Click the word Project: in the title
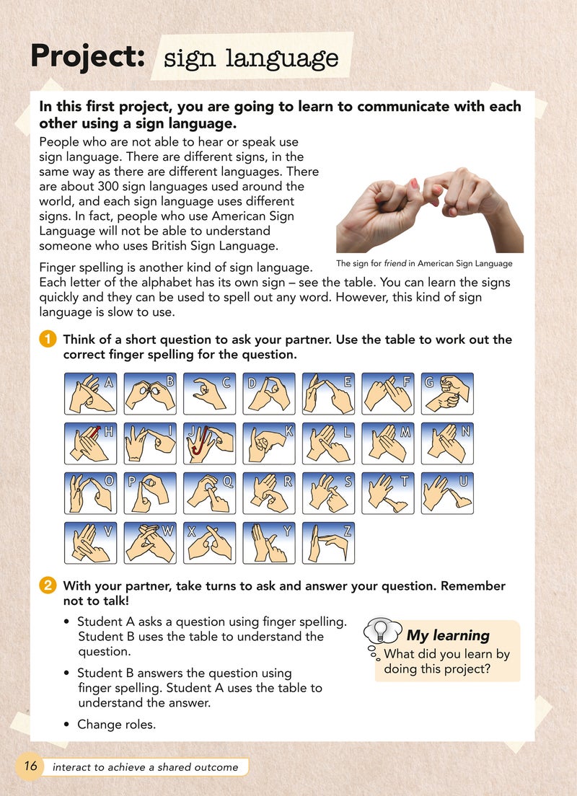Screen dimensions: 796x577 point(87,57)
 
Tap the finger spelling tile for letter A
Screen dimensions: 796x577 point(90,393)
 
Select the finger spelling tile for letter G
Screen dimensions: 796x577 point(446,393)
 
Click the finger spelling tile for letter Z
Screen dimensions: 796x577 point(328,542)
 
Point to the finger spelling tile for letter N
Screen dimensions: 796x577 point(446,443)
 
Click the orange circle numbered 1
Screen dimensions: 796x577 point(48,339)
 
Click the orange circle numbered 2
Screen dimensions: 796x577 point(48,585)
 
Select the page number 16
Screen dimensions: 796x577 point(30,766)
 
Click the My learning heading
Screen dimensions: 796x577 point(448,635)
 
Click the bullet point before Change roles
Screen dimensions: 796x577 point(66,725)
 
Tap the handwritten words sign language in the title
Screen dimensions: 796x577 point(251,58)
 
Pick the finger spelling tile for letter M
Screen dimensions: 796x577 point(387,443)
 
